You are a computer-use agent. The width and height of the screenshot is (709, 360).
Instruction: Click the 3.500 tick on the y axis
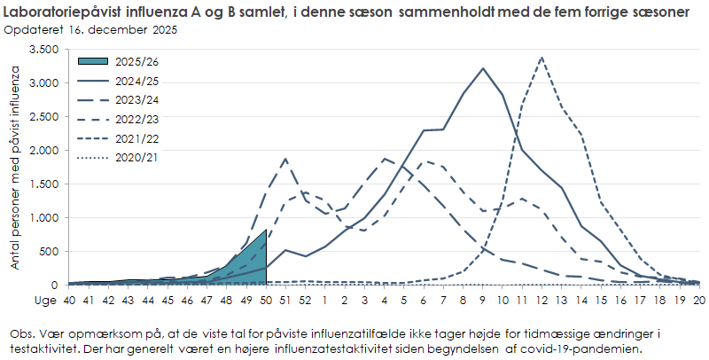43,50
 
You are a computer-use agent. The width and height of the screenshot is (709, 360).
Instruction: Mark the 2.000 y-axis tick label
43,151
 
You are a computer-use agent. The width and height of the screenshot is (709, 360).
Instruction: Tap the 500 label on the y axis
50,252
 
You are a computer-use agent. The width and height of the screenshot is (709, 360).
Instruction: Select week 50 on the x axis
265,300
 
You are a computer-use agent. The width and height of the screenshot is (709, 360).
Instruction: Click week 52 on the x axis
305,300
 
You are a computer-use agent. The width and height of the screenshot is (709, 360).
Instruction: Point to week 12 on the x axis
541,300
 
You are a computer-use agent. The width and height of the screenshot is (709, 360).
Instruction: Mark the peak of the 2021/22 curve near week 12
541,58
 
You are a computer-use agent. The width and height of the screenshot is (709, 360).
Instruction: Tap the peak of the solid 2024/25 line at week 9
483,68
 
